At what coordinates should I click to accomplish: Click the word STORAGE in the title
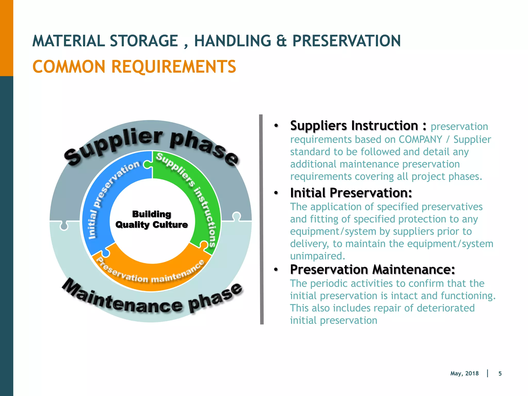click(144, 41)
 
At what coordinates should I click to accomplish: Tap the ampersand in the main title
click(282, 41)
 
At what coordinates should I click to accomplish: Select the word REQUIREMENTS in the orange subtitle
click(174, 67)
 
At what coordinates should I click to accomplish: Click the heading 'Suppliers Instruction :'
click(358, 126)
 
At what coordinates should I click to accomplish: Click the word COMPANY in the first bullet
click(420, 139)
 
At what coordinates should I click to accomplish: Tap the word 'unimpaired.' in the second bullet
click(317, 256)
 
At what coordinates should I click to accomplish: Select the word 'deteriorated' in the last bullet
click(445, 308)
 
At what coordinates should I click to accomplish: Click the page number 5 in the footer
click(500, 374)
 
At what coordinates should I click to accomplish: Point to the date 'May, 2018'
click(464, 374)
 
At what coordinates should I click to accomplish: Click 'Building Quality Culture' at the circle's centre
click(152, 219)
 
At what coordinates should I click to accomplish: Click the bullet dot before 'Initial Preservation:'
click(276, 193)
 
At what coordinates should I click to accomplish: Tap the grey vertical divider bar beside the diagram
click(262, 219)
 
